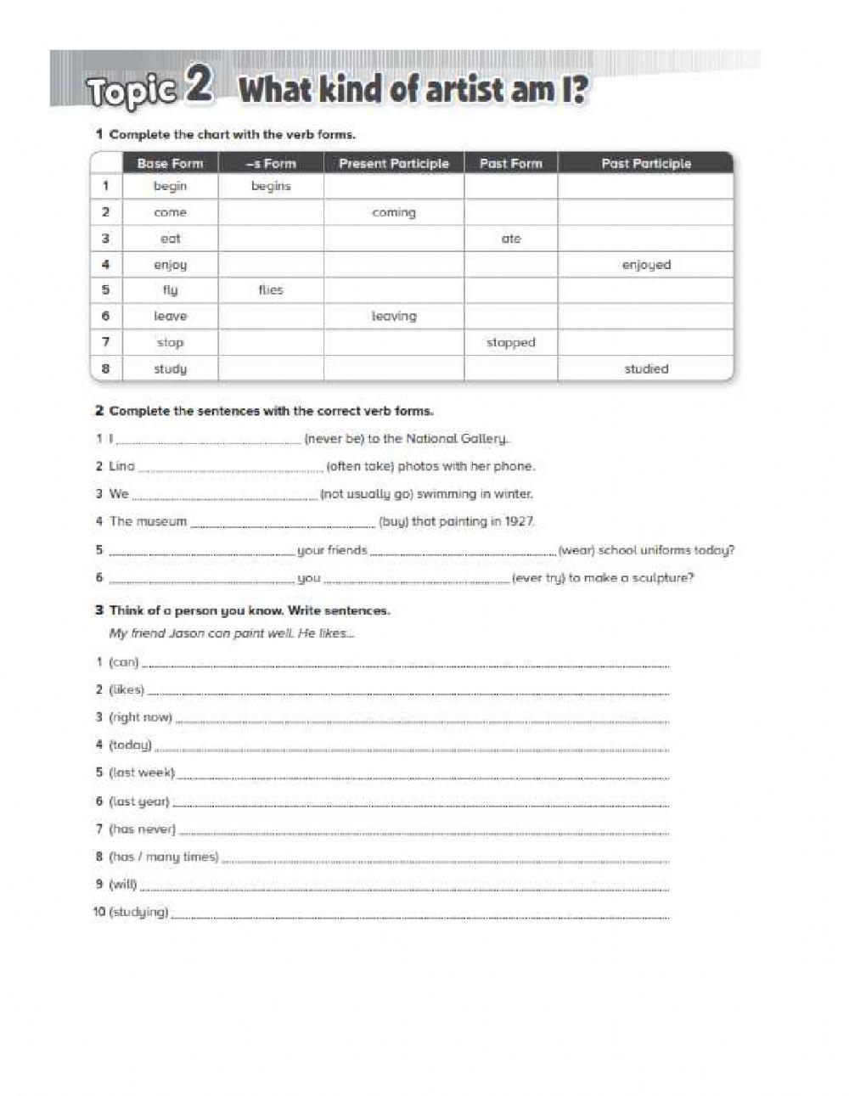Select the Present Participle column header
click(x=393, y=163)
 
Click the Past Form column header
click(x=510, y=163)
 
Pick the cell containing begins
click(x=271, y=186)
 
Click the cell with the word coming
click(x=394, y=212)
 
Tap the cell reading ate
click(x=510, y=239)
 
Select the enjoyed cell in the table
click(x=645, y=265)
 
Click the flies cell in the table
click(x=271, y=290)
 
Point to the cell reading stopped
click(x=510, y=342)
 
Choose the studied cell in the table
click(x=645, y=368)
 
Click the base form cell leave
click(x=170, y=316)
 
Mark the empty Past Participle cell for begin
click(x=645, y=186)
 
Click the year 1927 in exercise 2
click(x=519, y=521)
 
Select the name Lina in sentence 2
click(x=121, y=466)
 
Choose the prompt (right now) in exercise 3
click(x=140, y=717)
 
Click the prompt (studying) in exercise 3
click(x=138, y=912)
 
